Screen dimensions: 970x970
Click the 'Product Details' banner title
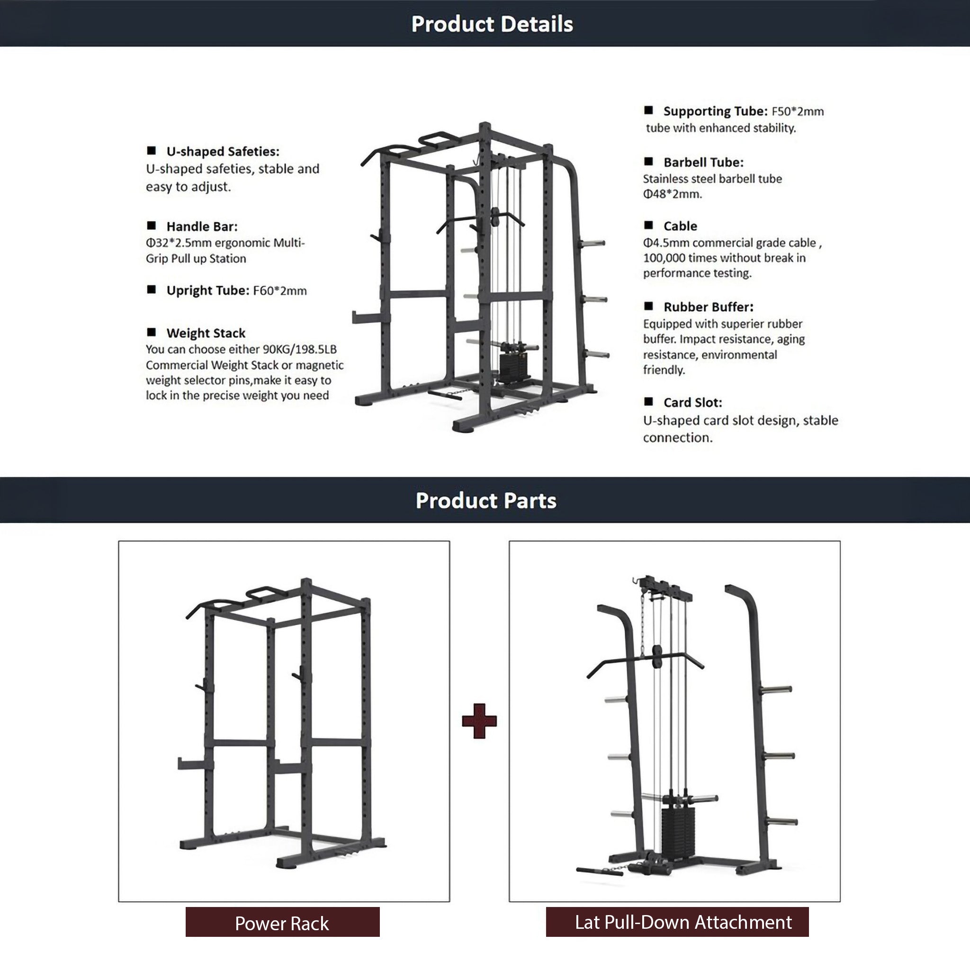coord(492,24)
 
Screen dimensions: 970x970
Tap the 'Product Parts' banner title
coord(486,501)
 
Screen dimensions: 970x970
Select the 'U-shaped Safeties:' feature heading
coord(223,151)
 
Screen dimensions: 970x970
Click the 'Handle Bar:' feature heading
coord(202,226)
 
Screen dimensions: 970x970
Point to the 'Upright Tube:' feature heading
coord(208,290)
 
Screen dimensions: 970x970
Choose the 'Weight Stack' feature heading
coord(206,333)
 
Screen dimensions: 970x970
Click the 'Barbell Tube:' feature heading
coord(703,162)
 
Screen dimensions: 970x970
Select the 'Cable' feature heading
coord(680,226)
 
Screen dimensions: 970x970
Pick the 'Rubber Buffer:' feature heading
coord(709,307)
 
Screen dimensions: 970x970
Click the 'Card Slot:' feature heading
coord(693,403)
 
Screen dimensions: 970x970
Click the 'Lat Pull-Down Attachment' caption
coord(683,922)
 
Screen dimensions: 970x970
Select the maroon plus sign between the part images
coord(479,721)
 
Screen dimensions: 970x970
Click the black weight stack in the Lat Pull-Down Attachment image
coord(677,831)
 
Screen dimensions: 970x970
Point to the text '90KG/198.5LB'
coord(300,349)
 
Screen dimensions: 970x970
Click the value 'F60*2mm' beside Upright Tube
coord(279,291)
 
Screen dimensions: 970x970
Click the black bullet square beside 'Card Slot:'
coord(649,402)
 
